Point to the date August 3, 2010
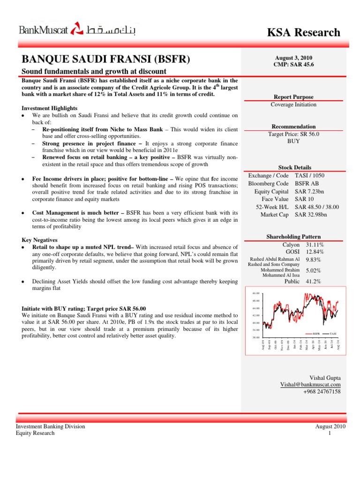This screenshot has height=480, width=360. [294, 57]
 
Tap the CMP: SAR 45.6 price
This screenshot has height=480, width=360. [294, 64]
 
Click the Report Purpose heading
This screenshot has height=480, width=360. [294, 97]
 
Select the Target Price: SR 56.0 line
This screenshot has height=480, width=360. [294, 134]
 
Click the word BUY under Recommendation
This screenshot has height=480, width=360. [294, 141]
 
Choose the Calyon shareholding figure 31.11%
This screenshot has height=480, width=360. [315, 245]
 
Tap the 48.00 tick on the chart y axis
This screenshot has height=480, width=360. [255, 293]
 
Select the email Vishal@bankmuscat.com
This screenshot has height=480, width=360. [310, 384]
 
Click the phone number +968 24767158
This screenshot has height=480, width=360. [322, 391]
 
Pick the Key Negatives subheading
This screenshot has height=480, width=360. [41, 240]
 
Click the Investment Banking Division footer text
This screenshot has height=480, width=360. [51, 427]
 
